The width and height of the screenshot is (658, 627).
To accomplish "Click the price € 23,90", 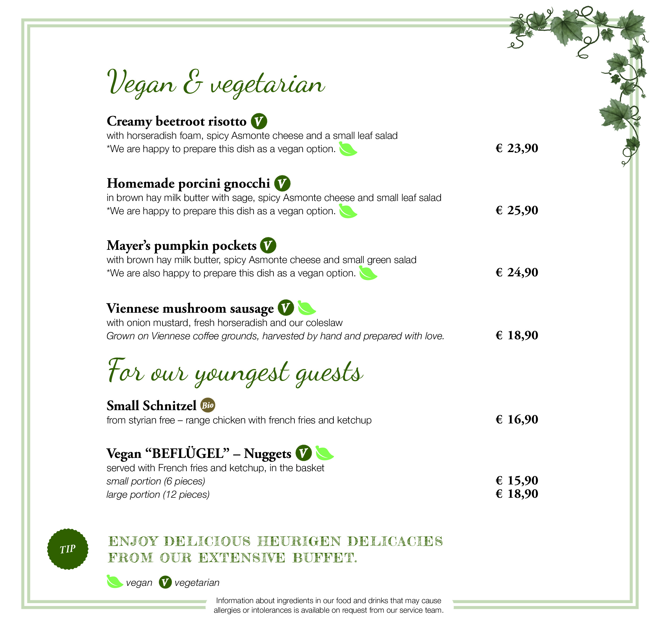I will [x=517, y=148].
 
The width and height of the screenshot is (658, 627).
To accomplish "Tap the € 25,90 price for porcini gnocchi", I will [x=517, y=210].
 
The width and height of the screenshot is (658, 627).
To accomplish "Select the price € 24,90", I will [x=517, y=272].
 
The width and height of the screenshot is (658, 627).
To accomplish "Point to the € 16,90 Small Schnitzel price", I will [x=517, y=419].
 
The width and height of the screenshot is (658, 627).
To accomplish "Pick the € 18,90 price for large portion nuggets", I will [x=517, y=494].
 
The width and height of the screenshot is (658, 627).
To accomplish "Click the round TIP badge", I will [x=68, y=549].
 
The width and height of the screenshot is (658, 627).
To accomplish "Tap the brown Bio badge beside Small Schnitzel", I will [x=207, y=405].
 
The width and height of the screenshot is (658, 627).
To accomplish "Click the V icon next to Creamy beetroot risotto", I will [x=259, y=121].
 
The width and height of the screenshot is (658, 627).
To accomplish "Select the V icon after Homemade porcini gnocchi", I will [x=282, y=183].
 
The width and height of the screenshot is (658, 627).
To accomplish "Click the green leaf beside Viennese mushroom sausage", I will [x=306, y=308].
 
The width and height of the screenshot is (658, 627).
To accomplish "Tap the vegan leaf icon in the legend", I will [x=115, y=582].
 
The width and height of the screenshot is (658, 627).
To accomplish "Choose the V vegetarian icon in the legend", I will [x=165, y=582].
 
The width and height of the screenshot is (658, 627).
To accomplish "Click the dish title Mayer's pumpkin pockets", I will [x=181, y=246].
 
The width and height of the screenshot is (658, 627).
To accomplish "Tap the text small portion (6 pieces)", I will [x=156, y=481].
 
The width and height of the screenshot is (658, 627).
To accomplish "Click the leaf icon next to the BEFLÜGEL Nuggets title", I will [x=324, y=453].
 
